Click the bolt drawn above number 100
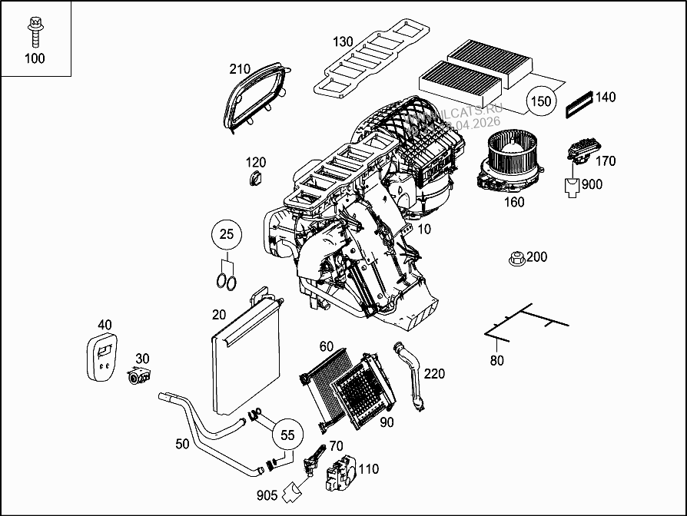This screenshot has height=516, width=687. click(34, 29)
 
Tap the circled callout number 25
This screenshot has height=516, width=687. click(226, 235)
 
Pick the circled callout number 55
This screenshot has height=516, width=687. click(287, 434)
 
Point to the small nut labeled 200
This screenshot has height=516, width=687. click(516, 258)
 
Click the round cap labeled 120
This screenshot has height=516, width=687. click(255, 179)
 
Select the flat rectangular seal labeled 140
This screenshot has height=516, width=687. click(579, 103)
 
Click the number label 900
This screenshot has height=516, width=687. click(592, 184)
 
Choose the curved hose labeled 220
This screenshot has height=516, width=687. click(413, 376)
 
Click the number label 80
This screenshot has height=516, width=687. click(497, 360)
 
